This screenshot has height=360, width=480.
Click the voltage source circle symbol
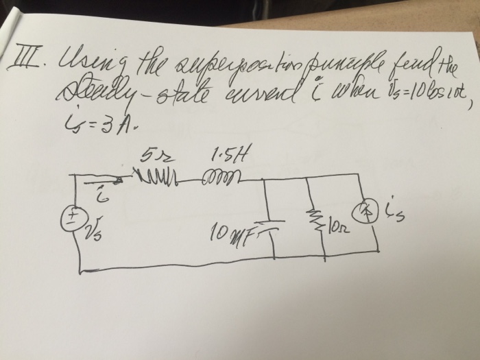pyautogui.click(x=71, y=217)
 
